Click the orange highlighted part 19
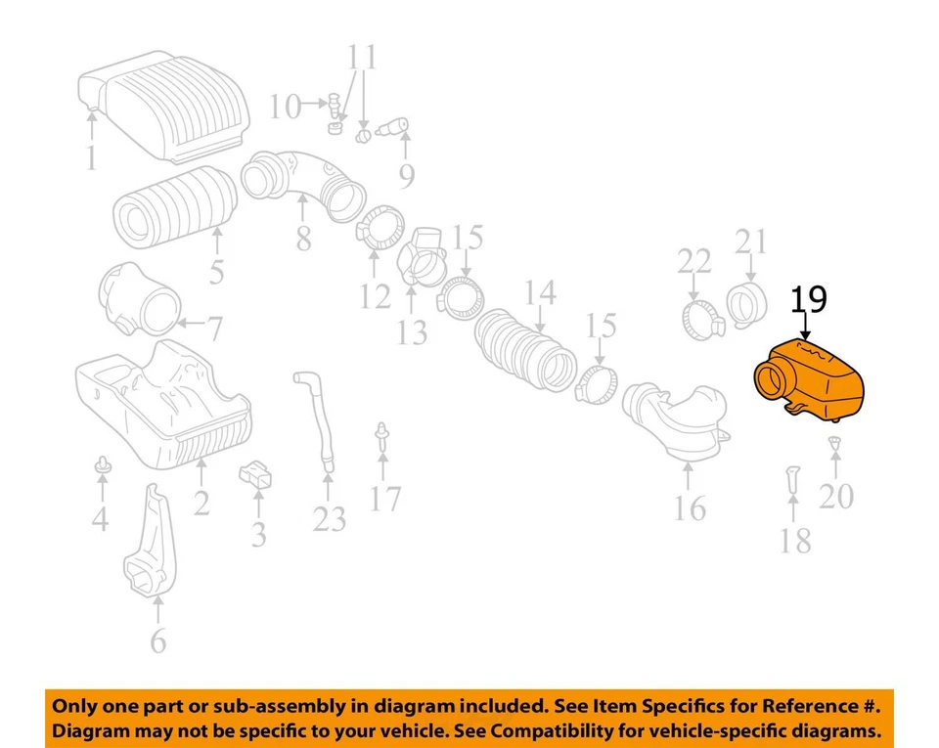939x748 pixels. click(x=817, y=381)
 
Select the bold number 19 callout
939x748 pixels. click(x=809, y=300)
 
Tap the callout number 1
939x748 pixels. click(x=91, y=157)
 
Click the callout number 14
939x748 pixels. click(x=540, y=292)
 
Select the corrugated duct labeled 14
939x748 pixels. click(x=523, y=353)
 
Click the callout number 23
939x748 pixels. click(x=330, y=518)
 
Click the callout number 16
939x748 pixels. click(x=689, y=508)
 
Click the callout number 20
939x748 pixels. click(x=836, y=497)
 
